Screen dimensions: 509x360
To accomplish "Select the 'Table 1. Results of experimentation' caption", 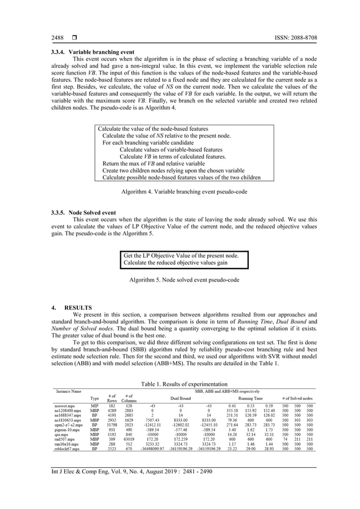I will click(180, 383).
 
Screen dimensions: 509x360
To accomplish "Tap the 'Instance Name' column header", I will click(68, 390).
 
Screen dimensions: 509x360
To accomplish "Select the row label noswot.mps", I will click(65, 406).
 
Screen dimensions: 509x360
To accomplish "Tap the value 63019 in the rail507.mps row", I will click(129, 437).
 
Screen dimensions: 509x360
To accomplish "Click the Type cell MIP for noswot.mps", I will click(95, 406).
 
